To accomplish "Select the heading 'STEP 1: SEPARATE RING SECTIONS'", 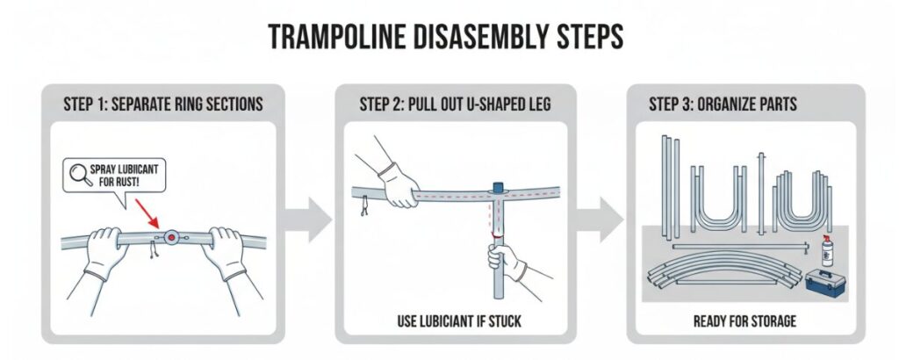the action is (x=162, y=104).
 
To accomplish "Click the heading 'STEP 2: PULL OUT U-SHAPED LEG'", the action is (x=455, y=104).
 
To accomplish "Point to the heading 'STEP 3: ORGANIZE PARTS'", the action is (x=723, y=104).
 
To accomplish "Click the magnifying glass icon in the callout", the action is (x=81, y=174).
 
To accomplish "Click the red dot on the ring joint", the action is (x=171, y=237).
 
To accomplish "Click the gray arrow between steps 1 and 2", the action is (x=308, y=220).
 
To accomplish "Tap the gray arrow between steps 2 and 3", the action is (x=600, y=220).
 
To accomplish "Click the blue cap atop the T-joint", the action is (x=498, y=187).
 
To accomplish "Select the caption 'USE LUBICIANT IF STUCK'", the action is (x=459, y=321).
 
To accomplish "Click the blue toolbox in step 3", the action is (x=825, y=283).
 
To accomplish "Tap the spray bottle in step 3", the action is (x=827, y=250).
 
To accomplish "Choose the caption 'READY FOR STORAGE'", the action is (x=744, y=321).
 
